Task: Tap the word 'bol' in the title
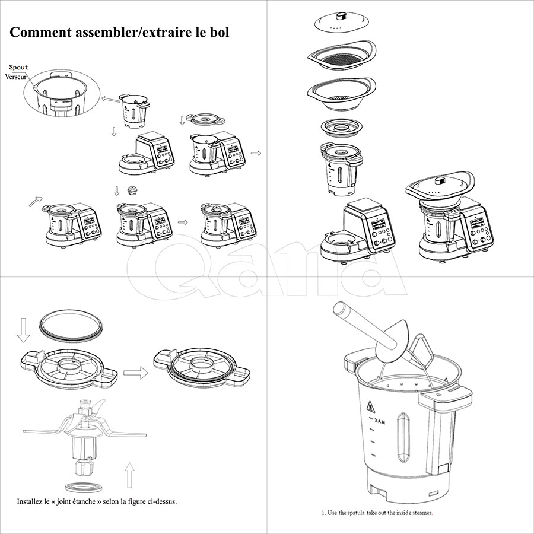(x=220, y=33)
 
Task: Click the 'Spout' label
(x=19, y=68)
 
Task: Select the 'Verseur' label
(x=15, y=77)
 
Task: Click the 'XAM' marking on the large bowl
(x=380, y=422)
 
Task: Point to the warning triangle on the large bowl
(x=371, y=407)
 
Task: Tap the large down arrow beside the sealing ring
(x=23, y=330)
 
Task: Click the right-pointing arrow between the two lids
(x=135, y=373)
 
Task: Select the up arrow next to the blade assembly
(x=129, y=475)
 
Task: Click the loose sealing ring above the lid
(x=71, y=326)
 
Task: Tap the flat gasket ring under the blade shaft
(x=84, y=487)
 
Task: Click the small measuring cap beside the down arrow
(x=132, y=190)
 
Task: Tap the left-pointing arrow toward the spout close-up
(x=110, y=100)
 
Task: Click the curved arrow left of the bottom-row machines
(x=36, y=201)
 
